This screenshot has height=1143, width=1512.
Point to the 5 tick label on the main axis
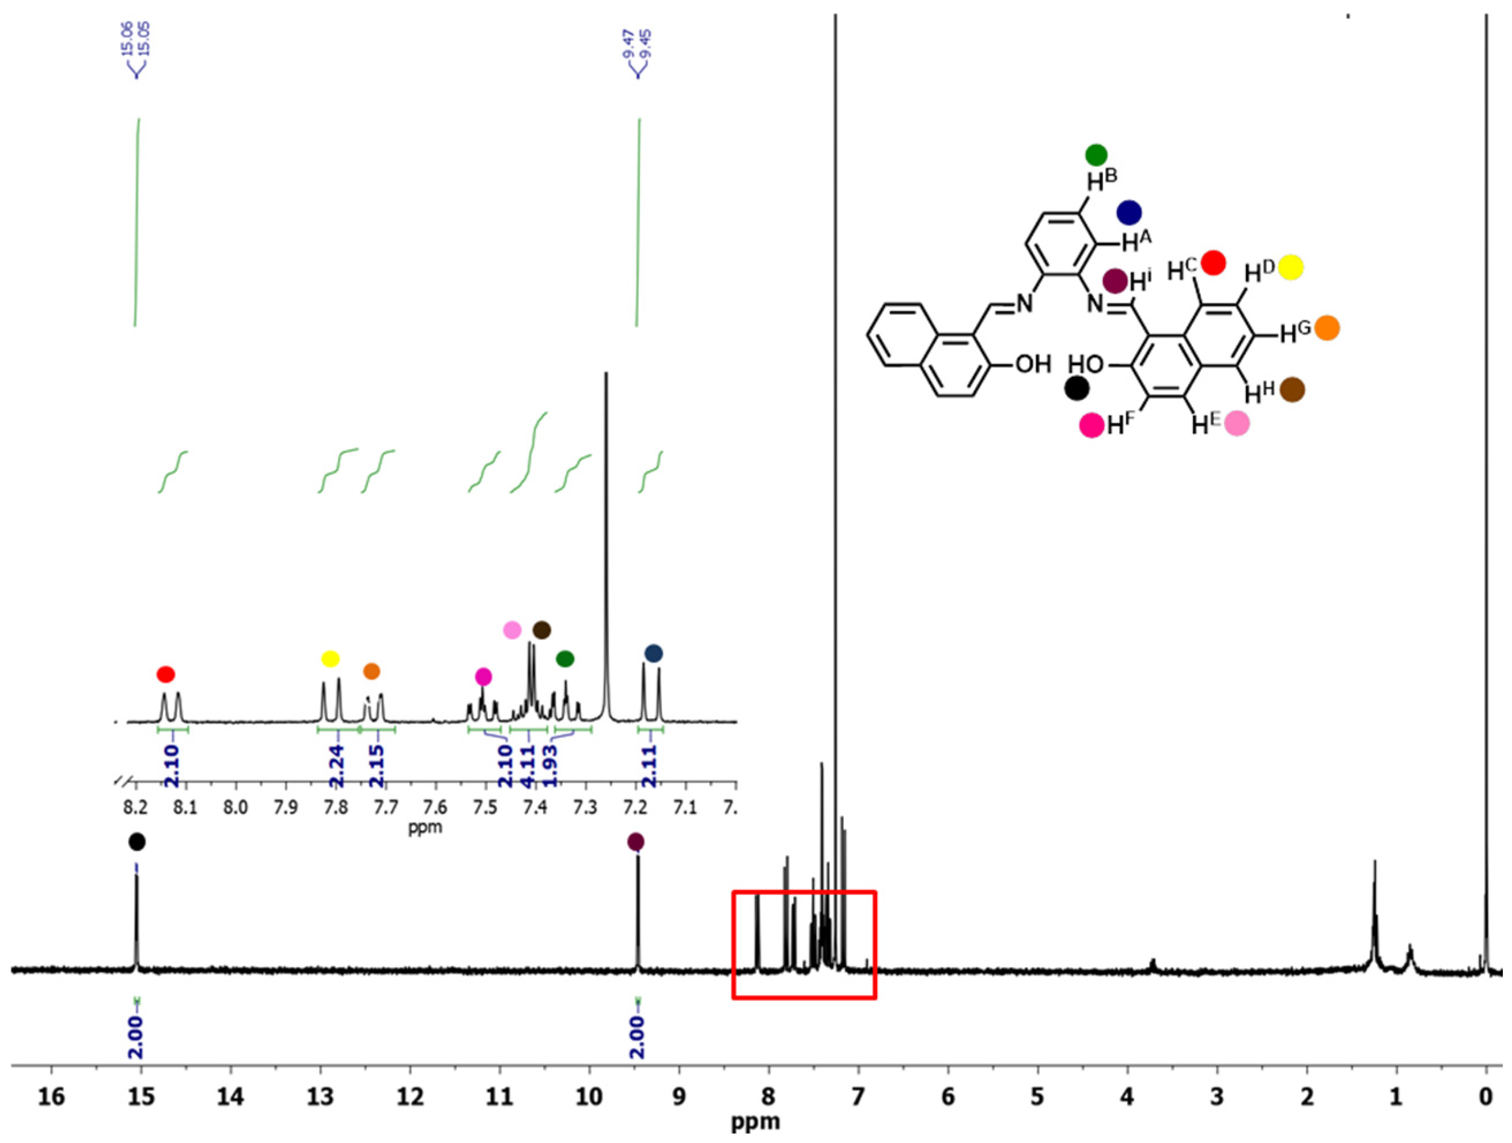tap(1037, 1098)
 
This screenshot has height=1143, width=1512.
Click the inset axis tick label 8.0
tap(236, 809)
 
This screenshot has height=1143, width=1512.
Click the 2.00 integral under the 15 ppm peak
tap(136, 1037)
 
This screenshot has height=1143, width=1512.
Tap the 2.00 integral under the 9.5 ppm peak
tap(638, 1037)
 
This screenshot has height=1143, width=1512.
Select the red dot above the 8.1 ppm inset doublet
tap(165, 675)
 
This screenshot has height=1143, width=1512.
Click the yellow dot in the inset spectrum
tap(330, 659)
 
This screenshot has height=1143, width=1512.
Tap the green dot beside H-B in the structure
tap(1096, 155)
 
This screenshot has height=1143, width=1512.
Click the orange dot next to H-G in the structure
tap(1327, 328)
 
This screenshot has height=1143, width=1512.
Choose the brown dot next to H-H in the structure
tap(1292, 389)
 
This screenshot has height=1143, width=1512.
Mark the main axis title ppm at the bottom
tap(755, 1122)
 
